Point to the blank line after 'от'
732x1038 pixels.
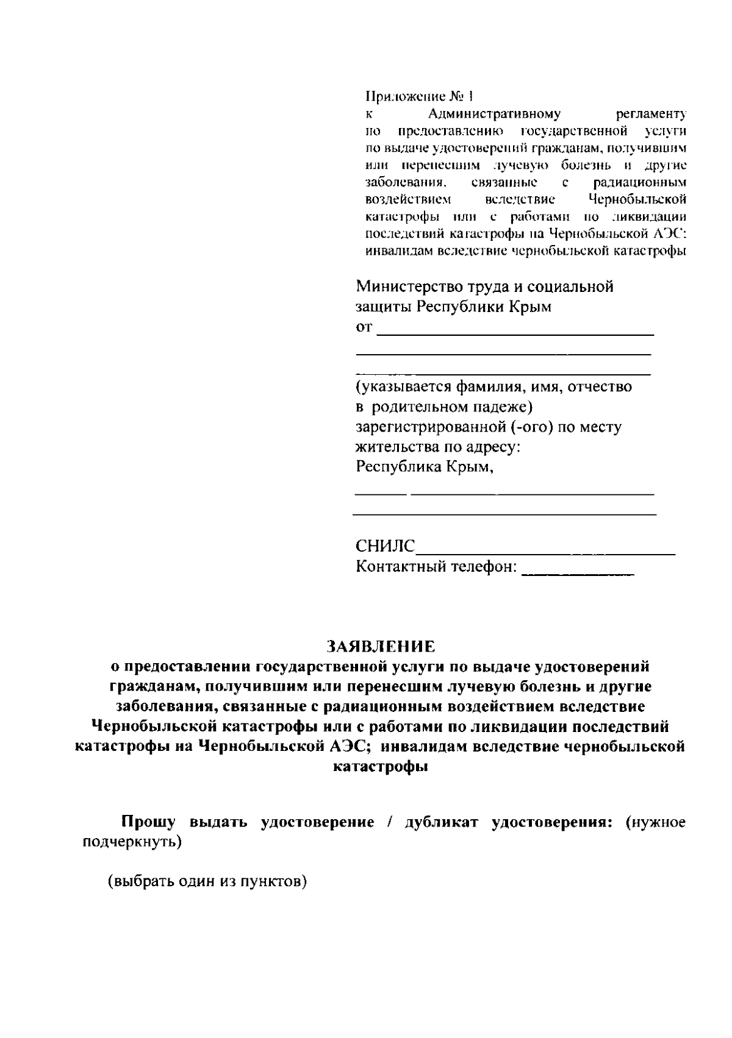tap(515, 333)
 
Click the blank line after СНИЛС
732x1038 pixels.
tap(545, 552)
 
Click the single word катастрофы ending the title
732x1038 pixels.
tap(380, 767)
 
